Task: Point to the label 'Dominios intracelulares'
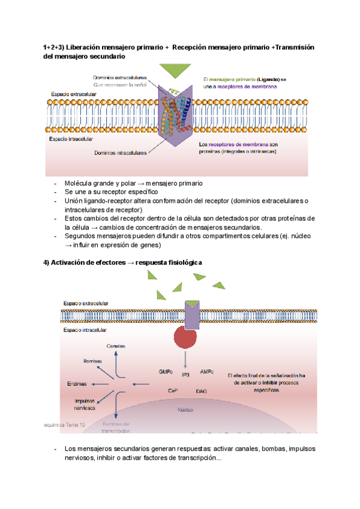coord(120,153)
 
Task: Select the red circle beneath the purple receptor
coord(189,341)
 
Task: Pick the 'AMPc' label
coord(208,372)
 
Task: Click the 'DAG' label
coord(202,391)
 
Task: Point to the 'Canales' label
coord(116,346)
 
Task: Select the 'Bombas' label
coord(92,361)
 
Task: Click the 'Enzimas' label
coord(77,384)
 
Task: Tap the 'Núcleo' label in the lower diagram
coord(185,411)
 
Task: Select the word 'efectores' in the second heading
coord(103,263)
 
